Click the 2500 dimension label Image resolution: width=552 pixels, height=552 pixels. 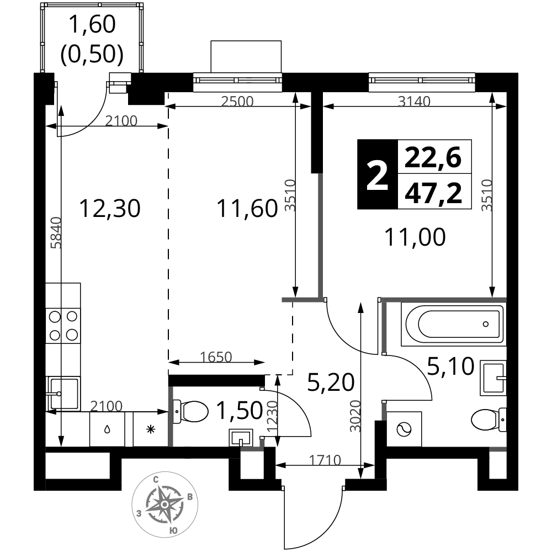[x=237, y=102]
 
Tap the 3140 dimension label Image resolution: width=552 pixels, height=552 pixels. [x=414, y=102]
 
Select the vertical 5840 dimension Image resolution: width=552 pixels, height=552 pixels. [x=56, y=232]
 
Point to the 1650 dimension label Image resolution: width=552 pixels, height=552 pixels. [x=216, y=357]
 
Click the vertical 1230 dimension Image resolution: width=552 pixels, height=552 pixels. [x=273, y=416]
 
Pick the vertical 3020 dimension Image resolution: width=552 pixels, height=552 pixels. [x=356, y=416]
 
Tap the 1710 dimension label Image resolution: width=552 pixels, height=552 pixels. [x=325, y=460]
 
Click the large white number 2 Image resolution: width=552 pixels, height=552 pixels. [x=378, y=177]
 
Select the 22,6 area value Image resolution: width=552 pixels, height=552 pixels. [x=433, y=158]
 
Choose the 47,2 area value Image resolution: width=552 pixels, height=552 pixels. [x=433, y=193]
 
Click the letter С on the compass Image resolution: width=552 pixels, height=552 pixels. [x=157, y=479]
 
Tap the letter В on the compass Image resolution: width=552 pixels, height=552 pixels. [x=190, y=497]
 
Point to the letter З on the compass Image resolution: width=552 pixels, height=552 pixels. [x=139, y=513]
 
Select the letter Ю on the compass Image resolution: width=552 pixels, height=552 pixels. [x=173, y=530]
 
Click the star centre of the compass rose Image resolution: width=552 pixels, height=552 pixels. [x=164, y=505]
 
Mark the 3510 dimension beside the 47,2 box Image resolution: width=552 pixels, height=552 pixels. [x=487, y=195]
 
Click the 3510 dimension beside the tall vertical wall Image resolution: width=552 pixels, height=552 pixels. [x=291, y=195]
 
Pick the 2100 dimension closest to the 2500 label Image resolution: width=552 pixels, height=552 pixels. [x=121, y=121]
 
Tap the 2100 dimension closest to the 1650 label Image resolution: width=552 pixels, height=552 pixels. [x=107, y=407]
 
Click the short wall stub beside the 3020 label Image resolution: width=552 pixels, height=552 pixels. [x=384, y=412]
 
